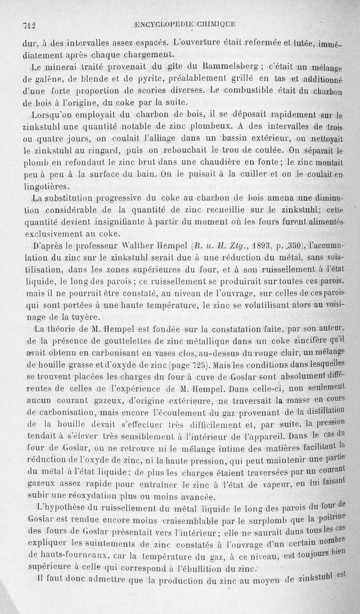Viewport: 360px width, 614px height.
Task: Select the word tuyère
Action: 84,317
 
